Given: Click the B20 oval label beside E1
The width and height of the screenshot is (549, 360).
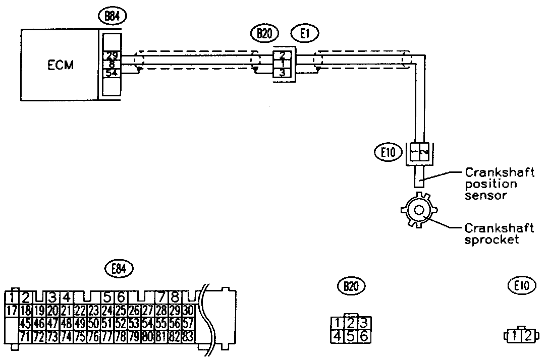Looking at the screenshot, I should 263,34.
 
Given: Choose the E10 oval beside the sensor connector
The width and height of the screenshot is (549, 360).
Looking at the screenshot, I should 388,151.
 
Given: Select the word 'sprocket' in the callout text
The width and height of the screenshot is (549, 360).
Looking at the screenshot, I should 492,240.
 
